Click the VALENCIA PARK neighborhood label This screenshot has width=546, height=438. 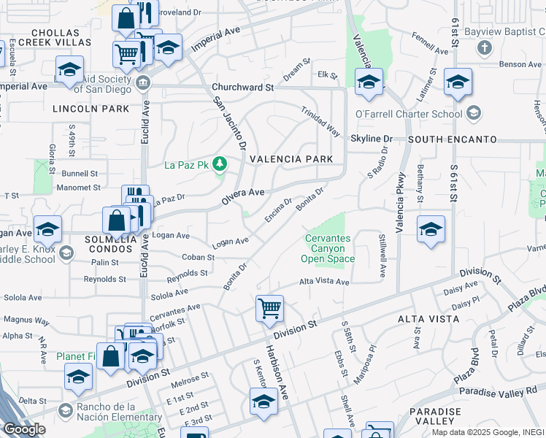pos(291,159)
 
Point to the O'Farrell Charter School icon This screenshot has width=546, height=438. pos(474,113)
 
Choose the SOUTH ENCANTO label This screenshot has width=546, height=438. pos(452,139)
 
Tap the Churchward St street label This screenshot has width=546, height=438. pos(242,87)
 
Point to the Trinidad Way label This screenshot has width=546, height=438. pos(321,121)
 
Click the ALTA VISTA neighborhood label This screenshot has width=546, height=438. pos(428,319)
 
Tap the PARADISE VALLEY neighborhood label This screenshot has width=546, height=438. pos(435,416)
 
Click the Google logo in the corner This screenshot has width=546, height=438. pos(23,429)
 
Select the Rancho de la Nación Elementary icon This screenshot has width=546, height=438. pos(66,411)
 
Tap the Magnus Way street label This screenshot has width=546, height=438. pos(26,320)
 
